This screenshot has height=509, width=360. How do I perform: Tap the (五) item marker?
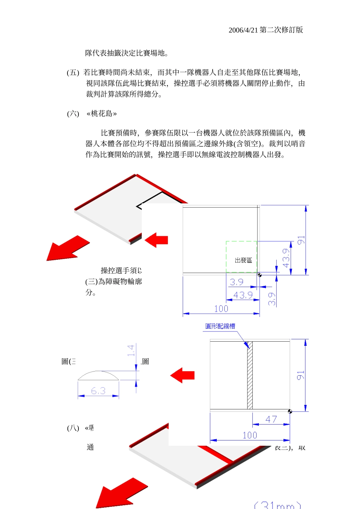(73, 73)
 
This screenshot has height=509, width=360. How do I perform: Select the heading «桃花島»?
(102, 114)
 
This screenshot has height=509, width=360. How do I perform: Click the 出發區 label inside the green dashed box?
(243, 260)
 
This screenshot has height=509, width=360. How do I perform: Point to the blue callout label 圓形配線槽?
(220, 326)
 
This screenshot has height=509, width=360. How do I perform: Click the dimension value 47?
(271, 419)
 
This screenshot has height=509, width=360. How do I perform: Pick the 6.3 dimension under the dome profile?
(98, 391)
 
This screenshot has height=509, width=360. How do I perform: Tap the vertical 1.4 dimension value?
(131, 350)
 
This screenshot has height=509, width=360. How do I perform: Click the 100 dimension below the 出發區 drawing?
(221, 309)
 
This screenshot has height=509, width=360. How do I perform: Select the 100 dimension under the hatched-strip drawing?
(250, 435)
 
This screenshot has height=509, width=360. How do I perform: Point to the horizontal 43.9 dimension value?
(243, 295)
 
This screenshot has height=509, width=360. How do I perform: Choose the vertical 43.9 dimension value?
(286, 258)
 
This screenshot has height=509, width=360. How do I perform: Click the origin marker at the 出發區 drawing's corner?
(260, 275)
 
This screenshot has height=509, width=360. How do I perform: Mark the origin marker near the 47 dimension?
(290, 411)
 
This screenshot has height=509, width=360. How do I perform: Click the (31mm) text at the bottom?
(277, 505)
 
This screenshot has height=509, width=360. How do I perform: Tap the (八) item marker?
(73, 428)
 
